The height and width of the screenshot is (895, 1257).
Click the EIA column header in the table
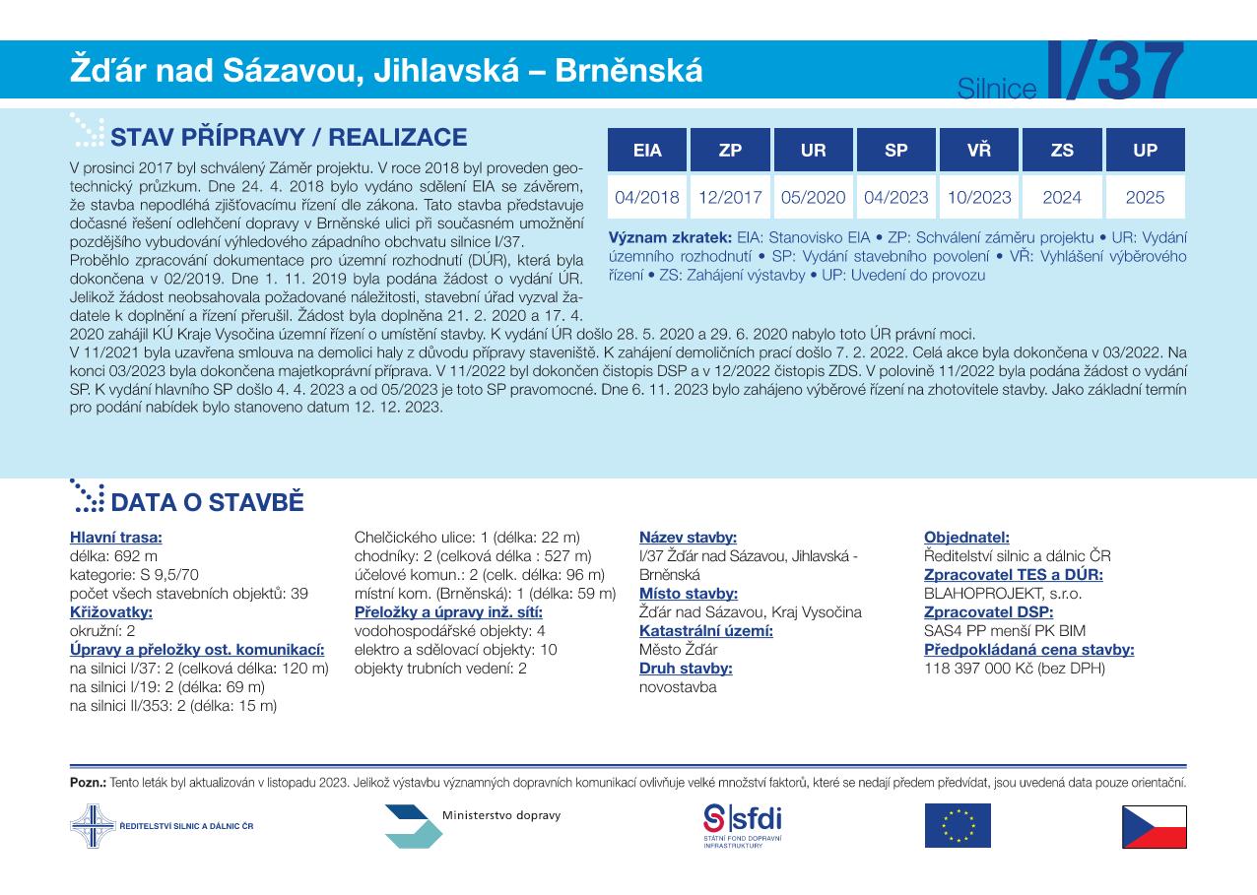coord(647,151)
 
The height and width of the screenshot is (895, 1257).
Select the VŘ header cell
coord(978,151)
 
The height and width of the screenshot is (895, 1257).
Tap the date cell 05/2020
coord(813,197)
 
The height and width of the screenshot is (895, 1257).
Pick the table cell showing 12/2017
coord(730,197)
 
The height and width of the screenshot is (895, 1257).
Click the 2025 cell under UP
coord(1145,197)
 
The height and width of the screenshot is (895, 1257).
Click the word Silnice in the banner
coord(997,90)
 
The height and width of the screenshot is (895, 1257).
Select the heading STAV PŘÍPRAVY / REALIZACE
coord(289,137)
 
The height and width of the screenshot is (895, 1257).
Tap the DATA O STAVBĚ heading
coord(207,503)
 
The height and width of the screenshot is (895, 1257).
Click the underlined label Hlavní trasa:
coord(116,538)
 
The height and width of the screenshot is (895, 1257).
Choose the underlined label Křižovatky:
coord(111,612)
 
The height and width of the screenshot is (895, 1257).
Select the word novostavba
coord(678,687)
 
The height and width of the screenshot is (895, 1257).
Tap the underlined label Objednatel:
coord(966,538)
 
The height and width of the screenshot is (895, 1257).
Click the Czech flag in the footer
coord(1154,826)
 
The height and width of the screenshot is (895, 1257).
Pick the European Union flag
coord(957,826)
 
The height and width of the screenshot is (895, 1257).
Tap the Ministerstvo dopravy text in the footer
coord(501,816)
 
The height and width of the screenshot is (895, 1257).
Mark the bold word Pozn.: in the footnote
coord(88,784)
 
